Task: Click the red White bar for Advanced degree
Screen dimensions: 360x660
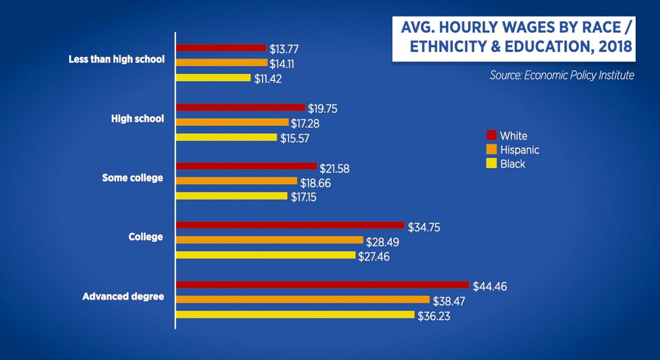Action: coord(323,285)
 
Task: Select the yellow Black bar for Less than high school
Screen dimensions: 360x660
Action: coord(214,78)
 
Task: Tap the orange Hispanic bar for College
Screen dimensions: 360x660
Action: coord(270,240)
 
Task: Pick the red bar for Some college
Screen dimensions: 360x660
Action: coord(246,166)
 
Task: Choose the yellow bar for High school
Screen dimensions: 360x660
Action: coord(227,137)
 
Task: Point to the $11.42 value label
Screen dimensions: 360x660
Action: coord(268,79)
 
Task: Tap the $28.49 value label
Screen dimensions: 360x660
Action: coord(382,242)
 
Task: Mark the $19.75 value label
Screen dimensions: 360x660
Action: coord(323,108)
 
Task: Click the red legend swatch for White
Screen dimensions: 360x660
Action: coord(491,136)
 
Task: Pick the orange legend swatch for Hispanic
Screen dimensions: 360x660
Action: coord(491,150)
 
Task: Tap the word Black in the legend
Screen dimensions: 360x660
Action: coord(513,164)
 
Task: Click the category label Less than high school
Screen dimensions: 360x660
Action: coord(117,59)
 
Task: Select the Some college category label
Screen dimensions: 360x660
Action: coord(133,178)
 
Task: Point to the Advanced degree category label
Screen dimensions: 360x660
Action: coord(123,297)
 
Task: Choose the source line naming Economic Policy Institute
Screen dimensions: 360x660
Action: coord(562,75)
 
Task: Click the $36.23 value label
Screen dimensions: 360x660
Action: coord(434,316)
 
